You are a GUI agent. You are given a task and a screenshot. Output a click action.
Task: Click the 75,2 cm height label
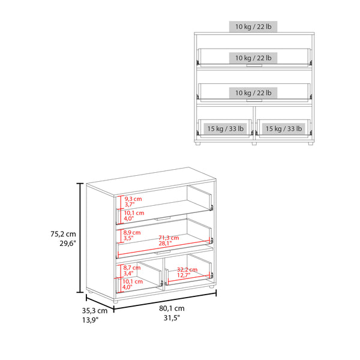63,234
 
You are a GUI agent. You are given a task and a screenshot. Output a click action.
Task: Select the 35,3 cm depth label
95,311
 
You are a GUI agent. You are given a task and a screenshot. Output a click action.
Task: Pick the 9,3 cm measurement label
133,199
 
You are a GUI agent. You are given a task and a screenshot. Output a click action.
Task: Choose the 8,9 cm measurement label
132,232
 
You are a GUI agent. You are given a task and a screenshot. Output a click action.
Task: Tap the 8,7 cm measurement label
132,268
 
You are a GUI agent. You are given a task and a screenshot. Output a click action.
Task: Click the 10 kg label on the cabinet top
252,27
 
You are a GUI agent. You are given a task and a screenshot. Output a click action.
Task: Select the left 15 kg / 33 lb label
225,128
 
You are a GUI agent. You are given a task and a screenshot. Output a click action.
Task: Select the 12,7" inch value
187,276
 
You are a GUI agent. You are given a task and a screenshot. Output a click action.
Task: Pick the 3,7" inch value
130,205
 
